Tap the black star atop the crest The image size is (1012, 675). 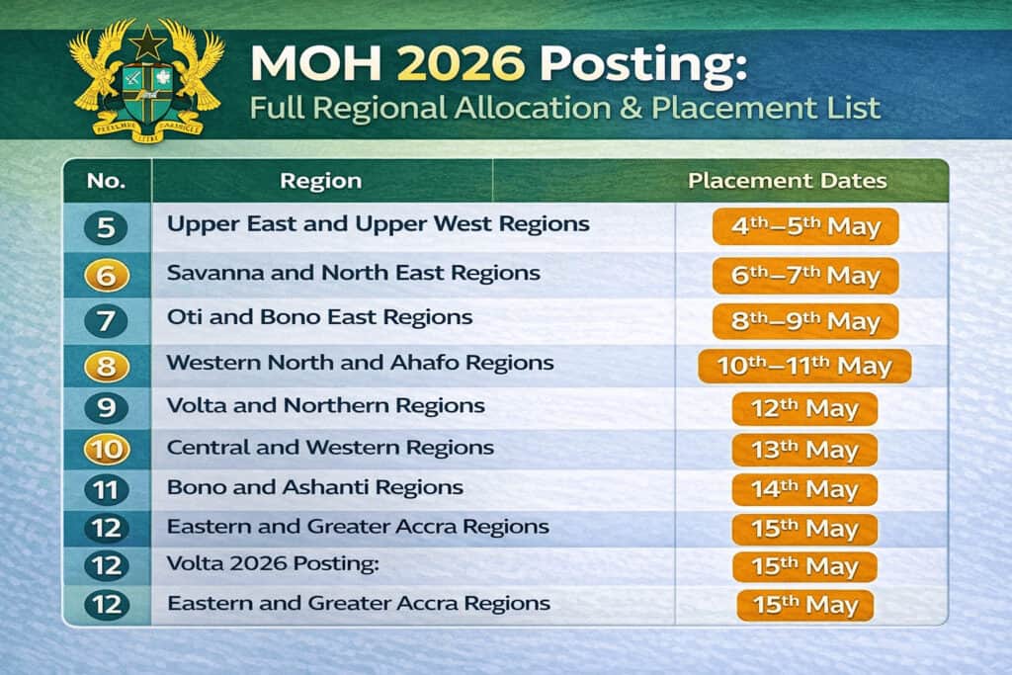coord(147,42)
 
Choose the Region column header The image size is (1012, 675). coord(320,181)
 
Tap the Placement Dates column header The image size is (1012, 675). coord(787,181)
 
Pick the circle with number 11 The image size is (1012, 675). coord(106,488)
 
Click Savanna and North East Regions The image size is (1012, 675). coord(353,272)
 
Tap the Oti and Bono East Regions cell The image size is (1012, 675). coord(319,317)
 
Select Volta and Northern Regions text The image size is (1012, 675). coord(325,405)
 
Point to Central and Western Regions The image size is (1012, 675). coord(330,447)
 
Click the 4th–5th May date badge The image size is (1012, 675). coord(804,226)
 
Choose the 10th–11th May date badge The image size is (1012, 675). coord(804,367)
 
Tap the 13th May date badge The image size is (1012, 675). coord(803,450)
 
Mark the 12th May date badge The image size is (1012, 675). coord(803,409)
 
